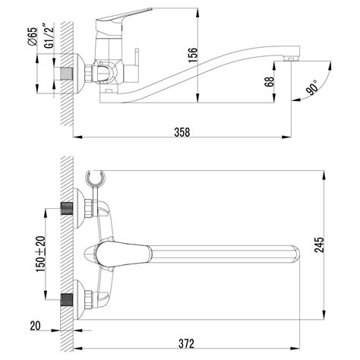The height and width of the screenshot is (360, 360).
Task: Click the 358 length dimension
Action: tap(182, 132)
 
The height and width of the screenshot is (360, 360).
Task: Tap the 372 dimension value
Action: tap(186, 343)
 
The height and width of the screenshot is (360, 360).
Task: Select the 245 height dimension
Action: tap(319, 245)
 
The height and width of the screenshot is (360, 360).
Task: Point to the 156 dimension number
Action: tap(193, 55)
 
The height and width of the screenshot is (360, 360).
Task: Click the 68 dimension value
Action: tap(270, 81)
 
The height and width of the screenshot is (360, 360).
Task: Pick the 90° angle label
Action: tap(311, 87)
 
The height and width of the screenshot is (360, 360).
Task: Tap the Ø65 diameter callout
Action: tap(33, 36)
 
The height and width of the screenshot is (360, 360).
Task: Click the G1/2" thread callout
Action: tap(49, 35)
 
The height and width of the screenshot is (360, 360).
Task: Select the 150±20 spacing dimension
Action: tap(40, 254)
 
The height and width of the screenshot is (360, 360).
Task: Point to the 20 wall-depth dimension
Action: tap(35, 326)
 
